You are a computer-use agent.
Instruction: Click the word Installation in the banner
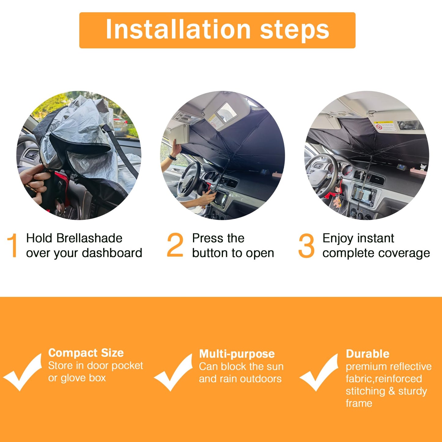[178, 30]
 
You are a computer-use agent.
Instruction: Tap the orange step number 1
[13, 245]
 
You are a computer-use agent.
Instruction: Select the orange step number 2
[175, 245]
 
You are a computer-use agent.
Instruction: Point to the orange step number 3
[306, 245]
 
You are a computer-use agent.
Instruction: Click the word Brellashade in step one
[89, 238]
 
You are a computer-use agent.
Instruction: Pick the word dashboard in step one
[112, 253]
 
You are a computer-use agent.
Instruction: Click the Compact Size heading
[86, 353]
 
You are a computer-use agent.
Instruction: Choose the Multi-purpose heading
[237, 354]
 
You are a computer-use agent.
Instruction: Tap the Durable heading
[368, 354]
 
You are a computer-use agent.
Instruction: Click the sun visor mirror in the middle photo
[227, 112]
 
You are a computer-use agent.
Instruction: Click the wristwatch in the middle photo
[172, 158]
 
